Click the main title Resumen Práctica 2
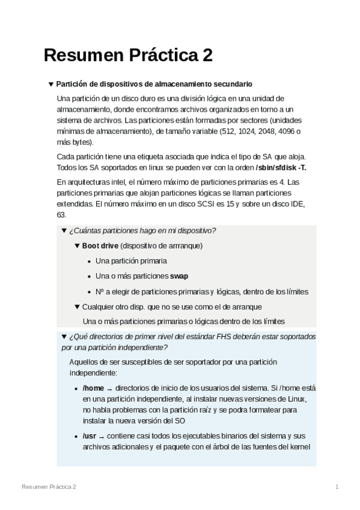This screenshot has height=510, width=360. (x=128, y=55)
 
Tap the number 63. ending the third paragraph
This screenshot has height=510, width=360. (x=61, y=215)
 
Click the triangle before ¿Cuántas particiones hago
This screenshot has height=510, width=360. (x=64, y=231)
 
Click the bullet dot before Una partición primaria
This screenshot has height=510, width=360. (x=89, y=262)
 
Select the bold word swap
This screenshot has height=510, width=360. (x=179, y=277)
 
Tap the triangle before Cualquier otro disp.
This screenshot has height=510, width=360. (x=76, y=307)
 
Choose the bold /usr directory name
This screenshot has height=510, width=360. (x=91, y=435)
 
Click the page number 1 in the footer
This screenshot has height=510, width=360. (x=337, y=486)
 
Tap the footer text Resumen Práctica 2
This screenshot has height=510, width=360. (x=49, y=486)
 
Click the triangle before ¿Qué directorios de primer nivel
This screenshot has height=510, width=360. (x=64, y=337)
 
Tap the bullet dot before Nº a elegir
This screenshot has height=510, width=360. (x=89, y=292)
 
